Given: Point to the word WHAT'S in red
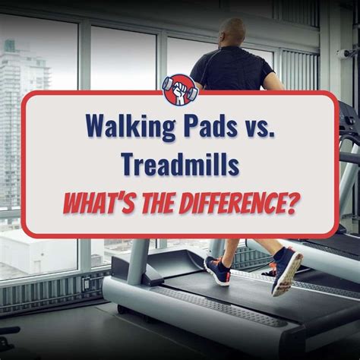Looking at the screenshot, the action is tap(100, 203).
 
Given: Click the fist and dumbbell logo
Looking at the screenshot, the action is tap(180, 90).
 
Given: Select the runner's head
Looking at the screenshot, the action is tap(232, 33).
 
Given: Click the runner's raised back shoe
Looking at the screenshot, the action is tap(288, 271).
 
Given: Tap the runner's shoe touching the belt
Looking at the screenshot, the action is tap(217, 271).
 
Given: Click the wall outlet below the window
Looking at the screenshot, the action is tap(86, 284).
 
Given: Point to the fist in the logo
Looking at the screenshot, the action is tap(180, 90).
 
